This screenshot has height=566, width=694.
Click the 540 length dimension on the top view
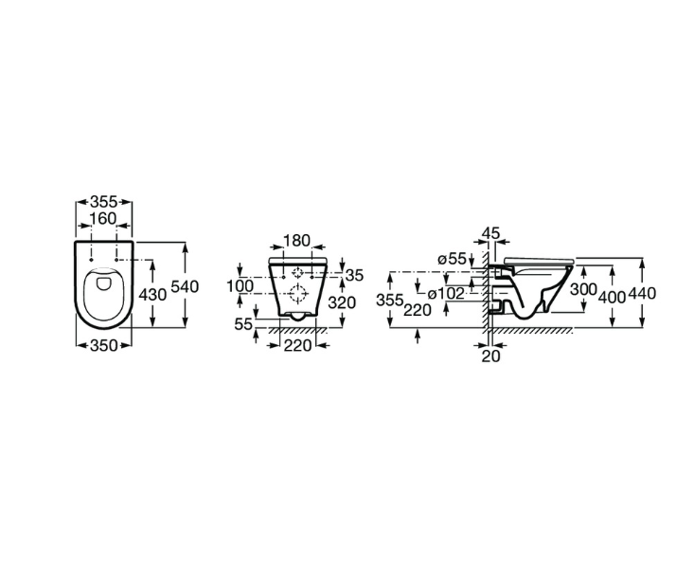[185, 286]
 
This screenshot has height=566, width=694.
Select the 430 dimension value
[152, 294]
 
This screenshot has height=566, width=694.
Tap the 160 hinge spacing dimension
[103, 218]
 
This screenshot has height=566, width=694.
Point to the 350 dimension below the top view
[104, 345]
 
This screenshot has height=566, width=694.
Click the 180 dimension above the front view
[296, 241]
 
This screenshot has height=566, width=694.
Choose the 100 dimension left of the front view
[240, 286]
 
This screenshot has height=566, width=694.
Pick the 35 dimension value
[354, 275]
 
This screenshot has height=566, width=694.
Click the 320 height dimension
[342, 302]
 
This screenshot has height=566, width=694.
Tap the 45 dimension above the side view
[490, 232]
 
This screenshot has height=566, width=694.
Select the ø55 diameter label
[452, 259]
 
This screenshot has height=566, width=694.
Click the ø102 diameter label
[446, 293]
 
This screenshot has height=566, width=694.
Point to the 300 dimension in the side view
[583, 289]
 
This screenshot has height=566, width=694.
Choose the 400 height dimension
[612, 298]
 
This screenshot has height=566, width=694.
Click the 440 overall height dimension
[642, 293]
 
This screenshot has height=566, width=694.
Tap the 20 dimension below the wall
[490, 356]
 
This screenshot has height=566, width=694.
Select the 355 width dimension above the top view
[104, 202]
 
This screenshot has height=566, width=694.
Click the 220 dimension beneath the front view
[297, 345]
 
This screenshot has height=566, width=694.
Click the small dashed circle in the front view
[298, 273]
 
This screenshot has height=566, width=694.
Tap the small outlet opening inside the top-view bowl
[104, 283]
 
